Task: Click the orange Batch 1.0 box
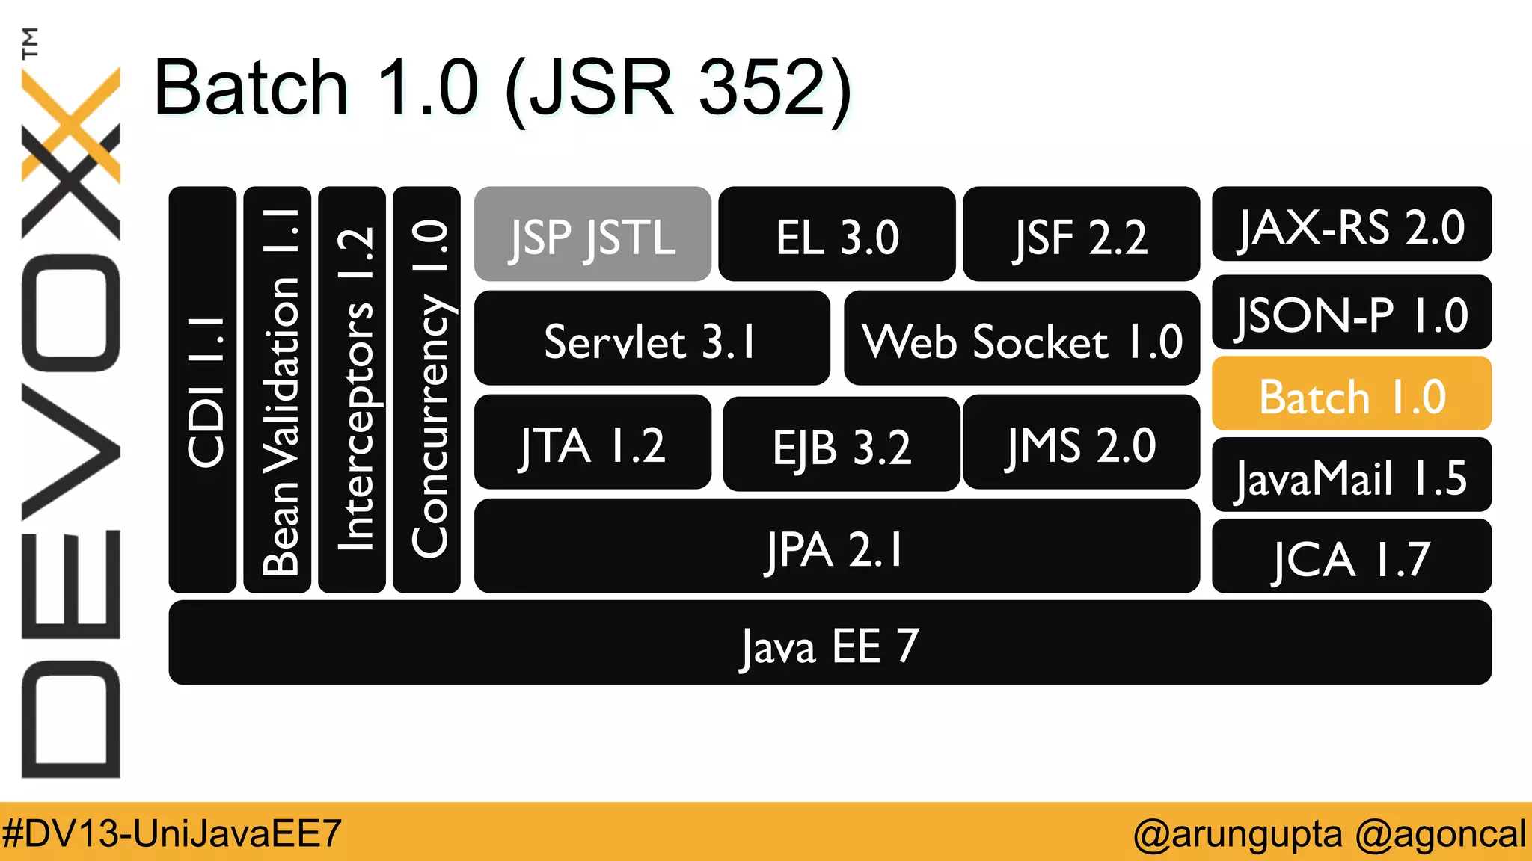(1351, 394)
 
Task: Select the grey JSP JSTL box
(592, 234)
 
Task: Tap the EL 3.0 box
(836, 234)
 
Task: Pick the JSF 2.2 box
(1081, 234)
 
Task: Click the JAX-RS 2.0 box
(1351, 224)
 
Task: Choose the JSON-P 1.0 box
(1351, 312)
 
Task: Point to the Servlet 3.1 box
(652, 339)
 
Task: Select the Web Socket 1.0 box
(1022, 339)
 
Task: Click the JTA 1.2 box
(592, 442)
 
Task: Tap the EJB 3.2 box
(842, 444)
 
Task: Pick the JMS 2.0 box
(1081, 442)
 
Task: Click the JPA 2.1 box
(836, 546)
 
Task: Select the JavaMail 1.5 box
(1351, 475)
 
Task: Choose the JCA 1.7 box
(1351, 557)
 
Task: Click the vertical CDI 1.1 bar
(203, 390)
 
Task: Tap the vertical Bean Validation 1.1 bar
(278, 390)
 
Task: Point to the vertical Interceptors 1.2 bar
(352, 390)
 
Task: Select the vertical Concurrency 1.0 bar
(426, 390)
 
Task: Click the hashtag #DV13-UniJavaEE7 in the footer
(172, 833)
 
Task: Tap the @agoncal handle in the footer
(1441, 833)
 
